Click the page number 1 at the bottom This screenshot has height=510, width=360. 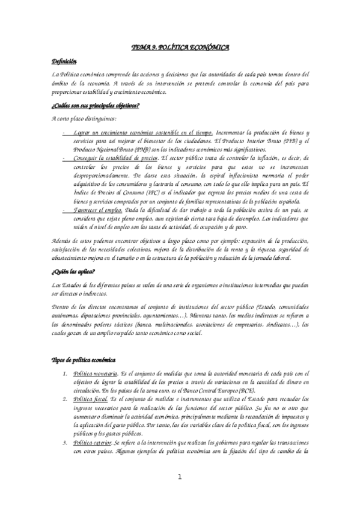(180, 478)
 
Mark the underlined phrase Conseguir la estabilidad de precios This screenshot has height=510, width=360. (111, 158)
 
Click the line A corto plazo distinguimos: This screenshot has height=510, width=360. (84, 118)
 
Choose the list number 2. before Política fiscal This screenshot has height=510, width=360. (66, 399)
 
